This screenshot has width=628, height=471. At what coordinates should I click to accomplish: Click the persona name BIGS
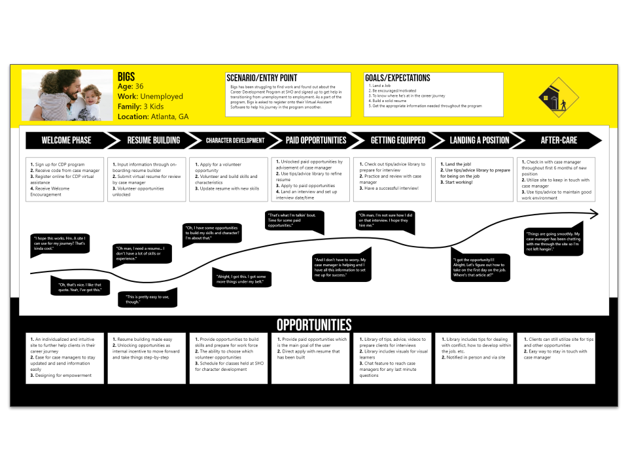click(126, 75)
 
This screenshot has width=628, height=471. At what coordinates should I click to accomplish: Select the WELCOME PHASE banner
click(66, 140)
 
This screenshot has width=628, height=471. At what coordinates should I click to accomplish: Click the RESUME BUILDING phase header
click(153, 140)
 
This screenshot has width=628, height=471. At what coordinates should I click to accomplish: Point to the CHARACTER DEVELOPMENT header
click(235, 140)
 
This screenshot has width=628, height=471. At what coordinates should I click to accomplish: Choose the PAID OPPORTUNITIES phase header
click(316, 140)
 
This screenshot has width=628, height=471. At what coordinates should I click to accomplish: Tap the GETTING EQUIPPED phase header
click(398, 140)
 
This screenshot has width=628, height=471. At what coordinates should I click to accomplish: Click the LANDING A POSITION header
click(479, 140)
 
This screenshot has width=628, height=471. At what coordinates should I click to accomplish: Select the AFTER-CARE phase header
click(559, 140)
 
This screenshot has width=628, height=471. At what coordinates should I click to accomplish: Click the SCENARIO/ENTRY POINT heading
click(262, 77)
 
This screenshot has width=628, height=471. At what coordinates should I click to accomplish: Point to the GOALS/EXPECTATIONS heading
click(398, 78)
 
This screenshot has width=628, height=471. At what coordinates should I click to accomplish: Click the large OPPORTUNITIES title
click(314, 325)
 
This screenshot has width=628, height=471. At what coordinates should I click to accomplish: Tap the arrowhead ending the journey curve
click(593, 213)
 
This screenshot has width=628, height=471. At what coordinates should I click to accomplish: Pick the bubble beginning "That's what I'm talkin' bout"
click(294, 221)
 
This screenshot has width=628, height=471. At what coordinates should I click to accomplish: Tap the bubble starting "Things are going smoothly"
click(553, 241)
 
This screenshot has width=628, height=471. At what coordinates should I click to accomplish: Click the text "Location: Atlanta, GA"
click(152, 116)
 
